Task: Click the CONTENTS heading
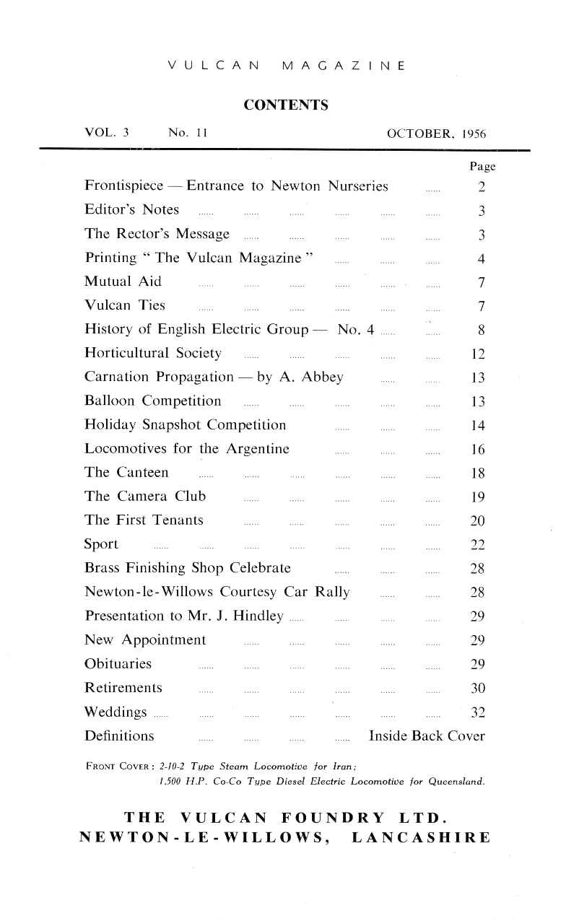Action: click(x=286, y=105)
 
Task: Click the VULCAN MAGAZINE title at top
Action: click(x=286, y=66)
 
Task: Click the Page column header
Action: click(x=482, y=167)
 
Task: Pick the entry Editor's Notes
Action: click(x=131, y=210)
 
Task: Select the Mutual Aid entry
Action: click(x=123, y=281)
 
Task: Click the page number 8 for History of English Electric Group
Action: click(x=481, y=330)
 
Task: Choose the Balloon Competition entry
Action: click(x=153, y=401)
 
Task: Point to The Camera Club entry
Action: click(x=145, y=496)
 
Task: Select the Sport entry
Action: click(x=101, y=544)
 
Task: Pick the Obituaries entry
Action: click(x=118, y=663)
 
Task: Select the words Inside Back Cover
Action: click(x=427, y=736)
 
